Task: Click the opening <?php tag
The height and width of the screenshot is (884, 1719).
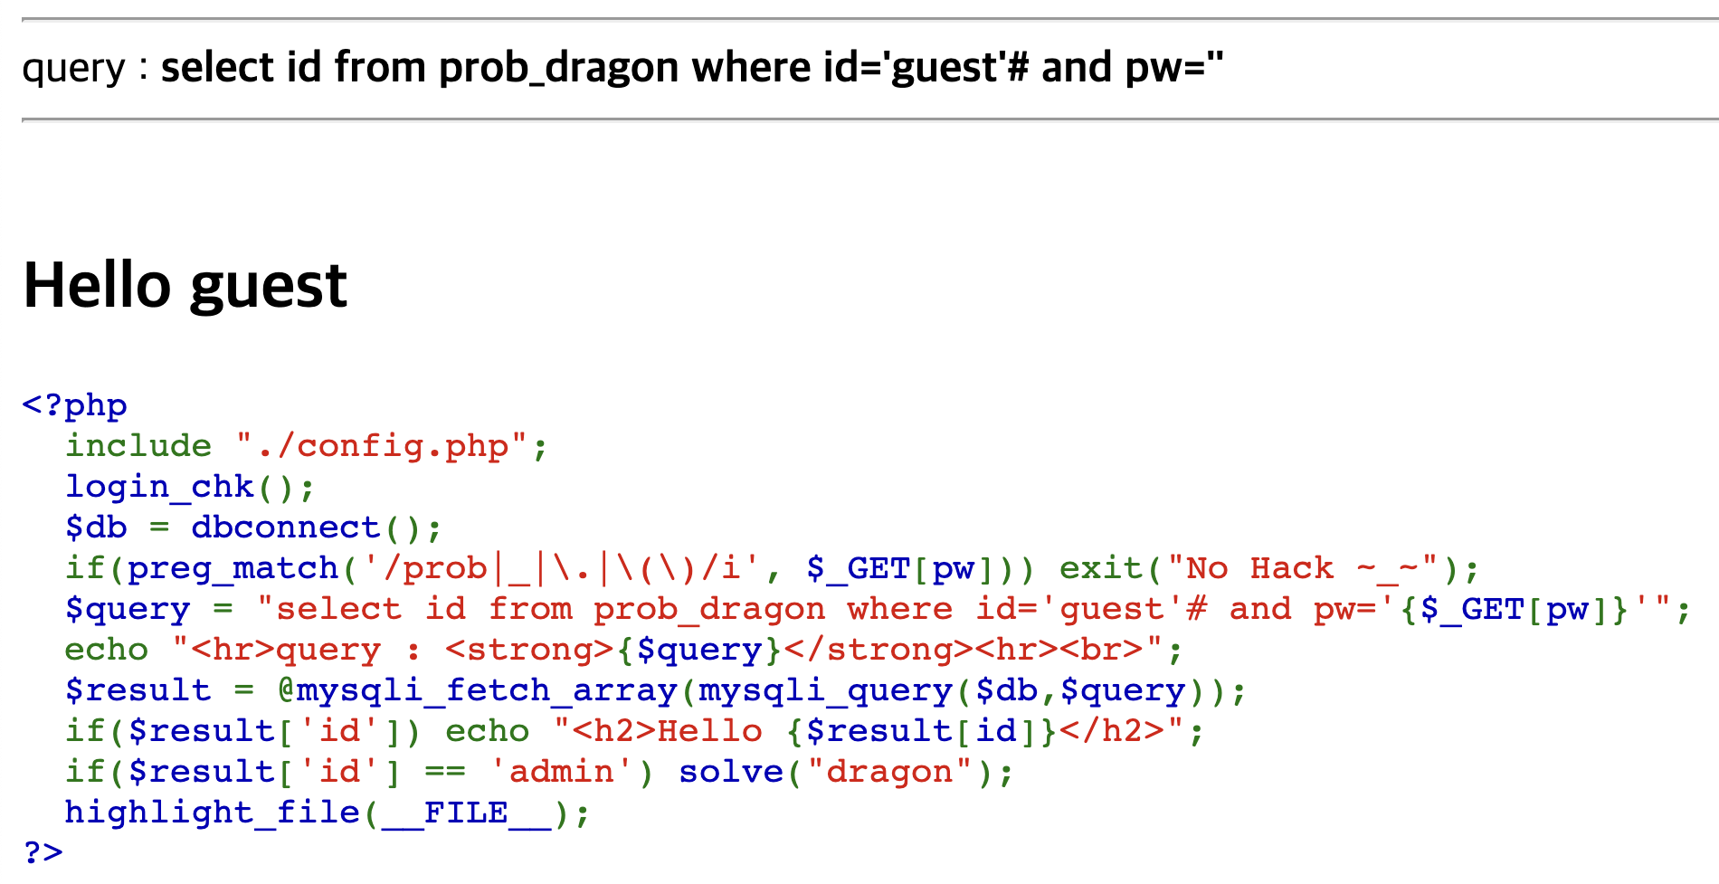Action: click(74, 405)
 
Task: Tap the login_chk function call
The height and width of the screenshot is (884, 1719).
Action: click(159, 487)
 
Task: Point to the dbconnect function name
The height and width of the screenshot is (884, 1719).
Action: click(285, 528)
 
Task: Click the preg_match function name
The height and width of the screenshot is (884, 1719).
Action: click(233, 568)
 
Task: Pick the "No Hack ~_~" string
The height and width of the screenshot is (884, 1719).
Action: click(1302, 568)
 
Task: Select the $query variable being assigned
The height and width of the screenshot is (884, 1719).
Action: click(128, 609)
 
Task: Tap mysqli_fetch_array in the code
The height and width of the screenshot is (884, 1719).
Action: click(487, 690)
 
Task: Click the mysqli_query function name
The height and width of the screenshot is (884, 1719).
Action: click(824, 690)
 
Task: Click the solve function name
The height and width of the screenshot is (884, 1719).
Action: click(730, 772)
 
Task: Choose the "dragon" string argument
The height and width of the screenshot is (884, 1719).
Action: click(889, 772)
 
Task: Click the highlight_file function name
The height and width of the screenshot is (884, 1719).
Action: click(212, 813)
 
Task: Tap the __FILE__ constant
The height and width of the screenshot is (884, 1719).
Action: click(465, 813)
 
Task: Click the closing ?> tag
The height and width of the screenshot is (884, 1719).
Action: click(43, 852)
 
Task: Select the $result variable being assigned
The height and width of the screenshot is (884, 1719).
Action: click(138, 690)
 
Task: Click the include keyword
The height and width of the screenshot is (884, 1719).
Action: click(138, 446)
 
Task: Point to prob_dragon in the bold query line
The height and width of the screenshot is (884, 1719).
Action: click(558, 68)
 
